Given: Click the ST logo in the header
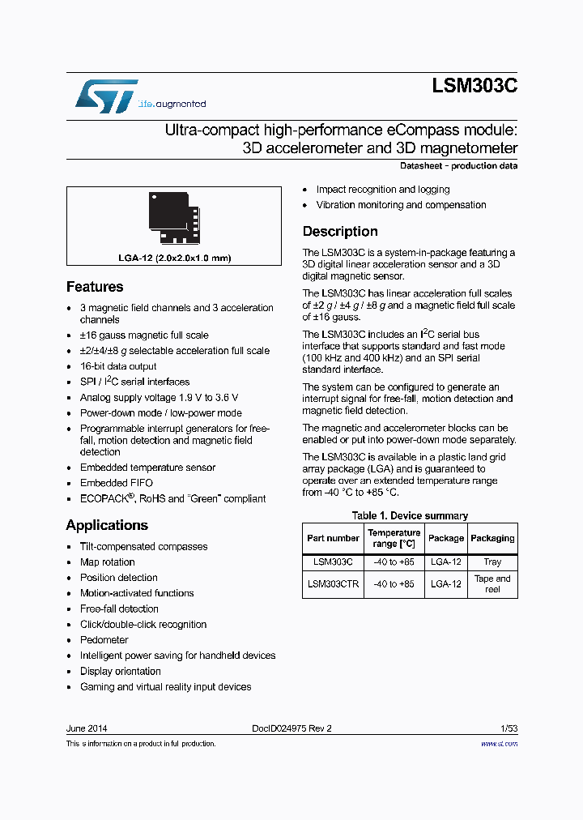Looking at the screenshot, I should [106, 96].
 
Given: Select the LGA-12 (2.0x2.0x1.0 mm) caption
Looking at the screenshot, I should [175, 258].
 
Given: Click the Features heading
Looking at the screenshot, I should [95, 287].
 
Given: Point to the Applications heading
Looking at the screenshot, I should [107, 525].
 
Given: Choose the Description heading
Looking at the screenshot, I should [340, 232].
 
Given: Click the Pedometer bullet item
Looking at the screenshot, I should [104, 640].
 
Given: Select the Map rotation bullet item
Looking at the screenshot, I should [108, 562].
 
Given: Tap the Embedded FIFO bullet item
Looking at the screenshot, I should [117, 483].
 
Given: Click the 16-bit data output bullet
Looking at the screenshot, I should [118, 366].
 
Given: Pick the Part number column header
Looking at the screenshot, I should [333, 538].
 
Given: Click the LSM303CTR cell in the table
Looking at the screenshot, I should [333, 583].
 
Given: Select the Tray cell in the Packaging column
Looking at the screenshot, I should [492, 562].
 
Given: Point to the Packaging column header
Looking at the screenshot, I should [492, 538].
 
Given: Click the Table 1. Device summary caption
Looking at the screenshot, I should [410, 516].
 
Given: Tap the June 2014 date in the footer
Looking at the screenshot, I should [87, 728].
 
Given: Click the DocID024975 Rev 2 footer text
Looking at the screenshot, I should [287, 728].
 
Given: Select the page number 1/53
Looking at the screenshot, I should [508, 728].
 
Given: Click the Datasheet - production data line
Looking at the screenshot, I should [459, 166].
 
